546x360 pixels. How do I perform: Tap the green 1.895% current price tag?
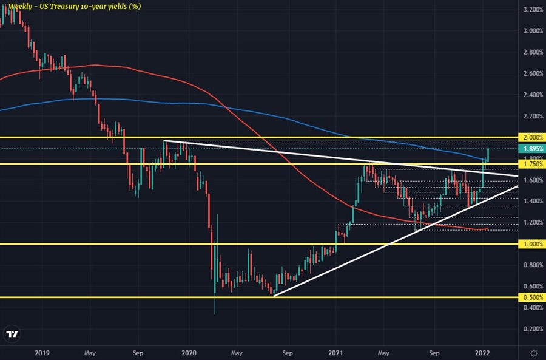pos(531,148)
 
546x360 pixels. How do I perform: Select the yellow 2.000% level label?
pos(531,138)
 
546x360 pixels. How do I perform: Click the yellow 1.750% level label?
pos(531,165)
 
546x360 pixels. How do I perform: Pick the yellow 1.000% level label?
pos(531,244)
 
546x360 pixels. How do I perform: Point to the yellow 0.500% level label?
pos(531,297)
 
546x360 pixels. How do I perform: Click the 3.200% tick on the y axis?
pos(531,10)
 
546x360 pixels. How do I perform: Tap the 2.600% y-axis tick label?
pos(531,73)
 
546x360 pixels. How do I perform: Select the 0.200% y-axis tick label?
pos(531,329)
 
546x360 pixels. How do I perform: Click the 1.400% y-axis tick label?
pos(531,201)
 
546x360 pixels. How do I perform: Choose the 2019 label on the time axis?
pos(42,352)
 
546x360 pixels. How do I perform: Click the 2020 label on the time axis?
pos(189,352)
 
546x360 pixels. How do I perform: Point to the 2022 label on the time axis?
pos(483,352)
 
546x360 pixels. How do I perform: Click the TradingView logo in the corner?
pos(12,335)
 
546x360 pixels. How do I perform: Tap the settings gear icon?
pos(533,352)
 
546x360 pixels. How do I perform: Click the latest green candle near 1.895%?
pos(488,154)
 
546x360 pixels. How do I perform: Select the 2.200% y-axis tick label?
pos(531,116)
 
